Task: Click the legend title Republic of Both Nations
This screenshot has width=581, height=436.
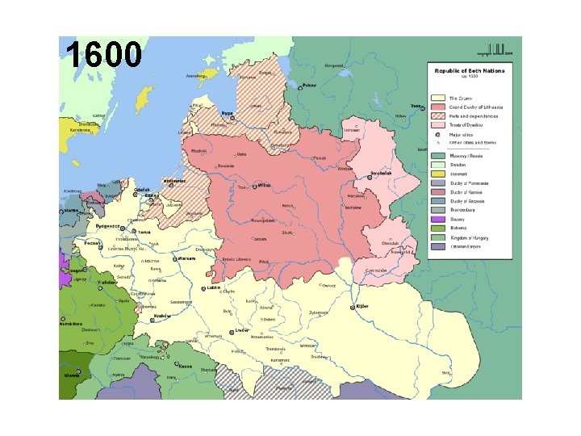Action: [x=470, y=71]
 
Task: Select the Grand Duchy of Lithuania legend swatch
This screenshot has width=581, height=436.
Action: [x=438, y=107]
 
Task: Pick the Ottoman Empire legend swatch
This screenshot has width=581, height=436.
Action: [x=438, y=246]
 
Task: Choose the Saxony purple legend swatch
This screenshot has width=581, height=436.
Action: [x=438, y=218]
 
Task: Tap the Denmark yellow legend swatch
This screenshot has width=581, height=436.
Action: [x=438, y=173]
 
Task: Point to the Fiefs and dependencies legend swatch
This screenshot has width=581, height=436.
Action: [x=438, y=116]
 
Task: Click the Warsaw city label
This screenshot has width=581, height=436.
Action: [x=187, y=259]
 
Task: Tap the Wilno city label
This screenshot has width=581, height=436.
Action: [x=264, y=185]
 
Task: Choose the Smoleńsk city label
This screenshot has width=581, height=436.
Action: [x=380, y=174]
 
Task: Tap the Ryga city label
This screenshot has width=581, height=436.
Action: [x=227, y=113]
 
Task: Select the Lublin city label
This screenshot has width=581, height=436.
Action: [x=213, y=287]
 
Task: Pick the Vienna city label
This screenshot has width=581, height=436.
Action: [x=73, y=375]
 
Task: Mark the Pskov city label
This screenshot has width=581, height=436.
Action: [x=309, y=85]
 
